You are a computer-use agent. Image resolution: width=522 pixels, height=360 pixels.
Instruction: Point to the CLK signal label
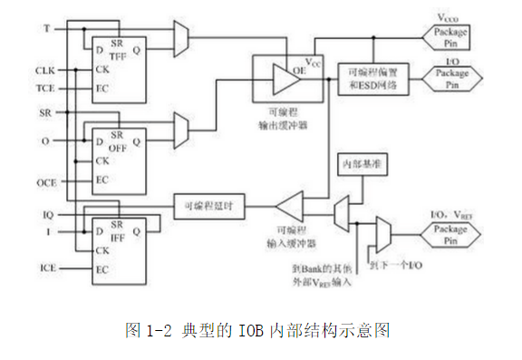point(45,71)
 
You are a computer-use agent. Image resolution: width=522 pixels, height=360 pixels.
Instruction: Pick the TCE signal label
point(45,89)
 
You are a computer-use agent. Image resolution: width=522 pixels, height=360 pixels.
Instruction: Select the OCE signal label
point(45,182)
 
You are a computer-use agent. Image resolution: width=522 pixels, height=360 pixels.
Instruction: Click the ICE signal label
point(46,268)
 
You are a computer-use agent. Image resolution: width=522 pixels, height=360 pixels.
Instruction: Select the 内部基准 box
point(362,166)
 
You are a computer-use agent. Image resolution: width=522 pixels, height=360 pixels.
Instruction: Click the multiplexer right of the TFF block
point(179,37)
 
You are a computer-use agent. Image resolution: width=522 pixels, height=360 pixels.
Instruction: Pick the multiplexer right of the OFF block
point(179,126)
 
